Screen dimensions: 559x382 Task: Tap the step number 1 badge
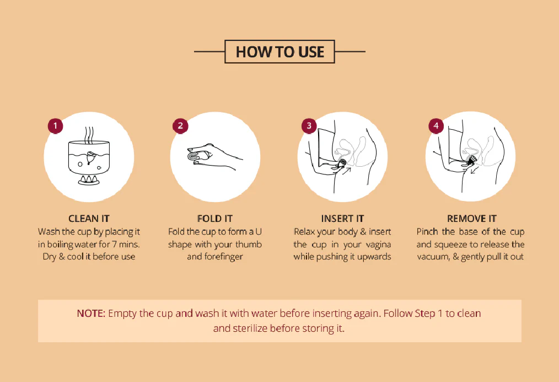pos(55,126)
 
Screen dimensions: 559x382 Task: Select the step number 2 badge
pos(180,126)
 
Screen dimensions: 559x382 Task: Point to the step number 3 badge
pos(309,126)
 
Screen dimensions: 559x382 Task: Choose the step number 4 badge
pos(436,126)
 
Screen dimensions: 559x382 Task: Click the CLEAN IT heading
pos(89,219)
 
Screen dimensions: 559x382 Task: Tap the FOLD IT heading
pos(215,219)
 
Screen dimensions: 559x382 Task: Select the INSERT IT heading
pos(342,219)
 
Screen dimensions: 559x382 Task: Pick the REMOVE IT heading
pos(472,219)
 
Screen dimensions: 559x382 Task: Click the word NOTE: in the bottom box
pos(92,314)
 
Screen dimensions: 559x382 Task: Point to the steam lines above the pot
pos(89,135)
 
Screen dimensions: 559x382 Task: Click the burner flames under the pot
pos(89,179)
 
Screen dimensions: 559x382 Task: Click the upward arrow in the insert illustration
pos(347,171)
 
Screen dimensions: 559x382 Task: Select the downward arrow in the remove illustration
pos(475,170)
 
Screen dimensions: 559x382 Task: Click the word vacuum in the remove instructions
pos(432,257)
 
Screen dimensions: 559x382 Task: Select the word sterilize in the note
pos(250,328)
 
